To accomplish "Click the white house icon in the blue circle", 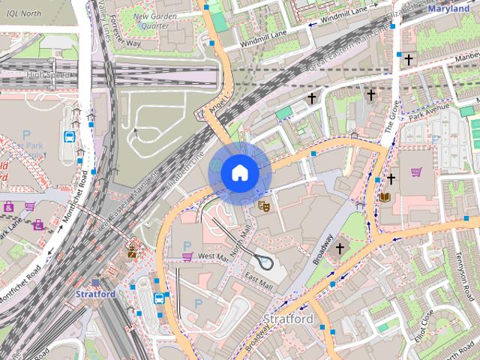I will click(x=239, y=173).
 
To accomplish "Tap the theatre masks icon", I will click(x=263, y=205).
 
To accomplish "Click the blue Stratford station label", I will click(x=95, y=294).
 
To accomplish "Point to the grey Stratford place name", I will click(x=288, y=319).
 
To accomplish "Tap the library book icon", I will click(x=385, y=197).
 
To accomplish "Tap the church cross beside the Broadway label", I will click(x=339, y=247).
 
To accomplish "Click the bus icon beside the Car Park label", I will click(x=69, y=137).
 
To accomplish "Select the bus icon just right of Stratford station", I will click(x=159, y=298).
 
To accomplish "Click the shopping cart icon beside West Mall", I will click(x=187, y=256).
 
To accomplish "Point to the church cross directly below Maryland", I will click(x=409, y=59).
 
